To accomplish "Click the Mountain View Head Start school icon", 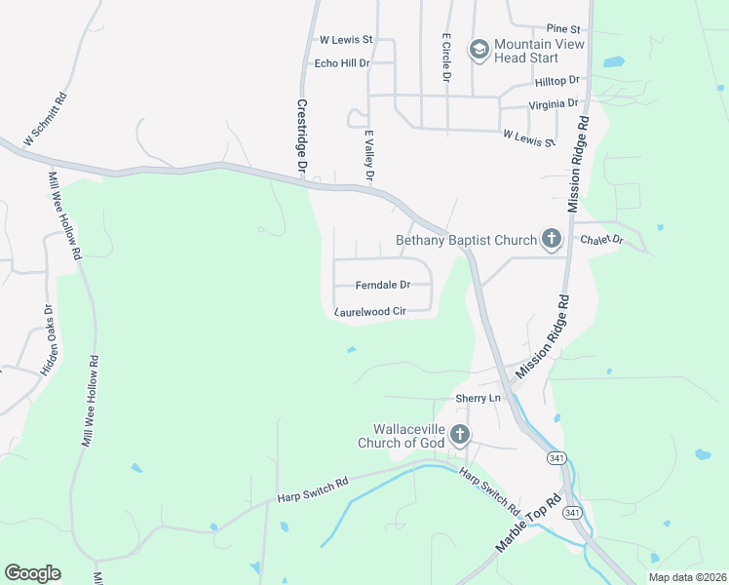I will pyautogui.click(x=479, y=49).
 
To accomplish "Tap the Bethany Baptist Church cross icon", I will pyautogui.click(x=552, y=239).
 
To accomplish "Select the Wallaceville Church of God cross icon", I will pyautogui.click(x=459, y=435).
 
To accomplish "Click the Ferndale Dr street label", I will pyautogui.click(x=382, y=285).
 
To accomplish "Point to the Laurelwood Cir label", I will pyautogui.click(x=369, y=312).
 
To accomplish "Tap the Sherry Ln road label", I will pyautogui.click(x=478, y=398).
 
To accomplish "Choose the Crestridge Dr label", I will pyautogui.click(x=301, y=136).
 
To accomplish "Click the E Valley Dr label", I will pyautogui.click(x=368, y=155).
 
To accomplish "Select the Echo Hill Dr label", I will pyautogui.click(x=342, y=63).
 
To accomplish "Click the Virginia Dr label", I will pyautogui.click(x=554, y=103).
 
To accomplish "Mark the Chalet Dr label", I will pyautogui.click(x=600, y=240).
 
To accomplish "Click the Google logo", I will pyautogui.click(x=32, y=573).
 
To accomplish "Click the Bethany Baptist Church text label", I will pyautogui.click(x=466, y=241).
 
